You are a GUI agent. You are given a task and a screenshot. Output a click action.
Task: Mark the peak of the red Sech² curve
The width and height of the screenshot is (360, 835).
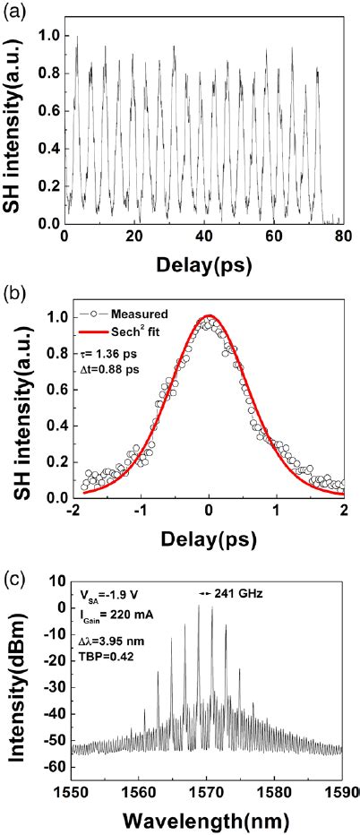point(209,316)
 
